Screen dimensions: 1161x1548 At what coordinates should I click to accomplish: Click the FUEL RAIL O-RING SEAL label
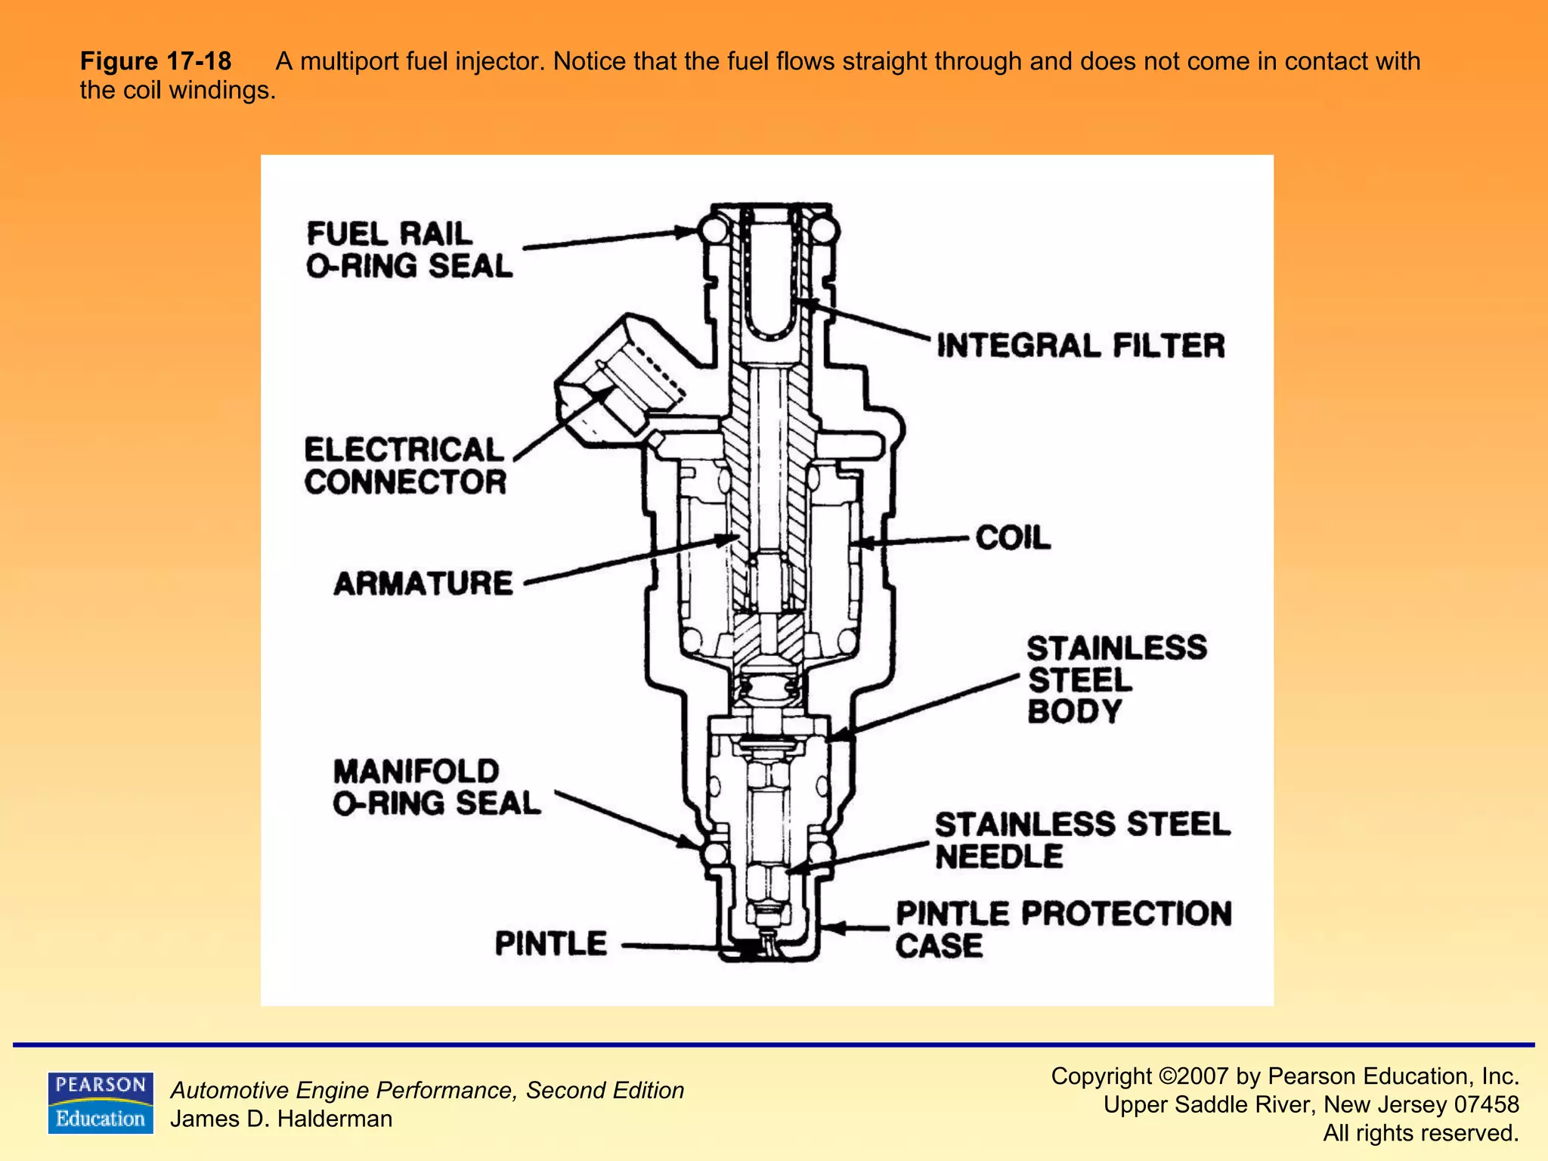(x=409, y=250)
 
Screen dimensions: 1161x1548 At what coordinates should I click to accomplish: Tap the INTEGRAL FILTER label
(x=1080, y=345)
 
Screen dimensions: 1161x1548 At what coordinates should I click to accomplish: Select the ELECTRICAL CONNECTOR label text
(x=405, y=466)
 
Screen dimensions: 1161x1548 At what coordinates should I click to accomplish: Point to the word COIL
(x=1012, y=538)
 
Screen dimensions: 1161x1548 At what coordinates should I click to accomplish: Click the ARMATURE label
(x=423, y=584)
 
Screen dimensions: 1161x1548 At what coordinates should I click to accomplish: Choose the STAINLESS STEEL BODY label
(x=1116, y=680)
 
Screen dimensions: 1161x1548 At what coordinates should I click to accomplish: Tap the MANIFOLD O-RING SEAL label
(x=437, y=788)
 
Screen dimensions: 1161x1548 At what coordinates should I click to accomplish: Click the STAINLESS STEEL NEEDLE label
(x=1082, y=840)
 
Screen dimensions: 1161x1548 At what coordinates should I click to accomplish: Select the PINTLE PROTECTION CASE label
(x=1063, y=929)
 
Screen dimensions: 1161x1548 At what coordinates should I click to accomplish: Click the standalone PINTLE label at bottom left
(x=550, y=943)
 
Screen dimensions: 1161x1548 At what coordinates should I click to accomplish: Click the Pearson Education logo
(x=101, y=1103)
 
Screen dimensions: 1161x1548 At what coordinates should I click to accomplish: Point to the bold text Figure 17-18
(x=156, y=61)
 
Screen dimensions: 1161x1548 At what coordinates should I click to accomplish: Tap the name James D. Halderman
(x=281, y=1119)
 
